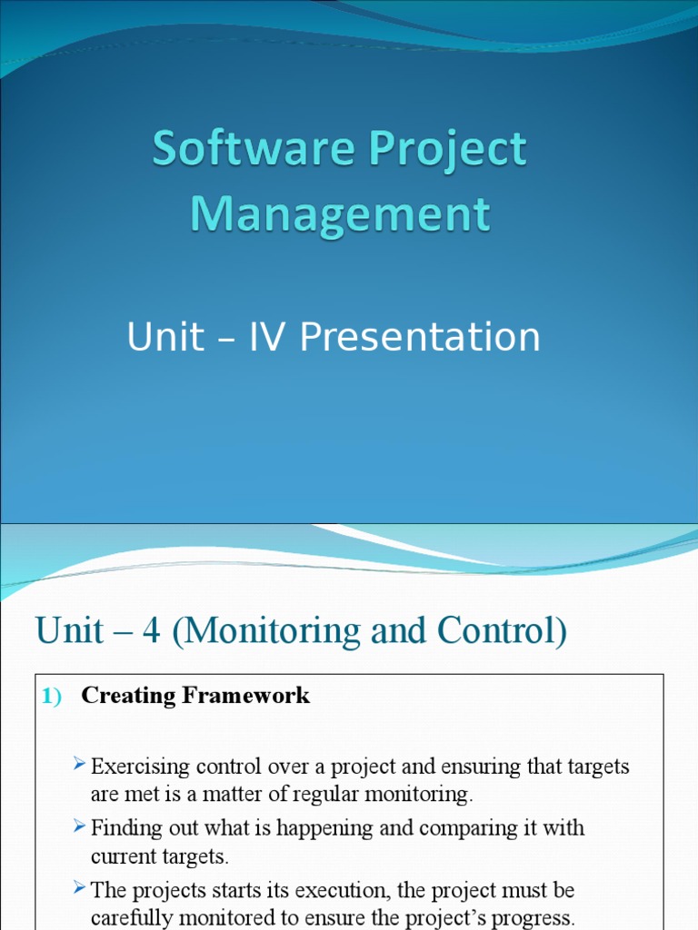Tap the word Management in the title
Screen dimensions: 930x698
(x=340, y=214)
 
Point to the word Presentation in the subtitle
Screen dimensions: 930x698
(x=420, y=338)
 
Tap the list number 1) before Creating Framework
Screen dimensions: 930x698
(x=51, y=697)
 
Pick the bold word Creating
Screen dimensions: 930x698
(x=129, y=696)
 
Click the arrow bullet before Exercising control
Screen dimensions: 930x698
(x=80, y=765)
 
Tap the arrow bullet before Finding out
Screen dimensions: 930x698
(x=80, y=826)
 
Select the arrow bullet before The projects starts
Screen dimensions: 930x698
(x=80, y=888)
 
